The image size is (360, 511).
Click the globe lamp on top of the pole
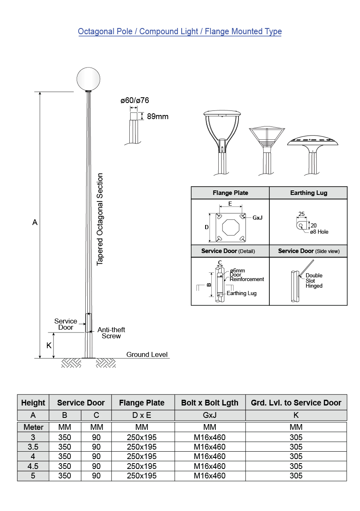pyautogui.click(x=89, y=77)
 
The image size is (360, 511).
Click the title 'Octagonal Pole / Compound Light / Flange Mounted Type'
pyautogui.click(x=180, y=32)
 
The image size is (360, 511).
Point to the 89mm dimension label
pyautogui.click(x=158, y=117)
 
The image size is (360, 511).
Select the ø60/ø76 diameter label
pyautogui.click(x=135, y=101)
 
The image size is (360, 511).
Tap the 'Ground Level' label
pyautogui.click(x=147, y=354)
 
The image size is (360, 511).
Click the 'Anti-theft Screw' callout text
pyautogui.click(x=111, y=333)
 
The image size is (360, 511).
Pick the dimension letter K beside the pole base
pyautogui.click(x=49, y=345)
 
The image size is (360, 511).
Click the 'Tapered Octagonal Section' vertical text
pyautogui.click(x=100, y=219)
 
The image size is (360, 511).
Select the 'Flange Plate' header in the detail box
pyautogui.click(x=230, y=193)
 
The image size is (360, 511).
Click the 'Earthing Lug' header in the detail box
pyautogui.click(x=309, y=193)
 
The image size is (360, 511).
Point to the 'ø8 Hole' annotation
pyautogui.click(x=319, y=232)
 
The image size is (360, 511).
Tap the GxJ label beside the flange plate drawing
pyautogui.click(x=257, y=218)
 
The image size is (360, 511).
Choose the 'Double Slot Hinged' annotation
pyautogui.click(x=314, y=281)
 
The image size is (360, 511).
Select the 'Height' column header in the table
pyautogui.click(x=33, y=403)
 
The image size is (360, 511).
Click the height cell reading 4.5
pyautogui.click(x=33, y=466)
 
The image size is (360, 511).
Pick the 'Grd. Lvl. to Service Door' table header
pyautogui.click(x=296, y=403)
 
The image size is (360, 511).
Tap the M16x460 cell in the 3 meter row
pyautogui.click(x=210, y=437)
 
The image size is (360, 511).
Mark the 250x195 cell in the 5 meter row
pyautogui.click(x=142, y=476)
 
